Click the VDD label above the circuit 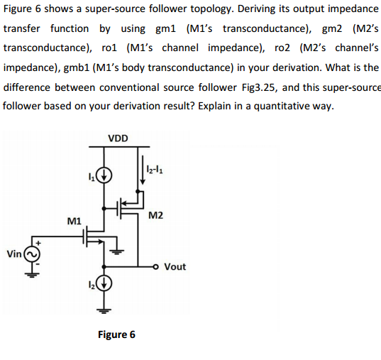118,138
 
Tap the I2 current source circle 105,287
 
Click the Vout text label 175,267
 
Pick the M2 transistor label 158,215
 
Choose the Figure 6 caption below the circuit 117,334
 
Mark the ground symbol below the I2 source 105,310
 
